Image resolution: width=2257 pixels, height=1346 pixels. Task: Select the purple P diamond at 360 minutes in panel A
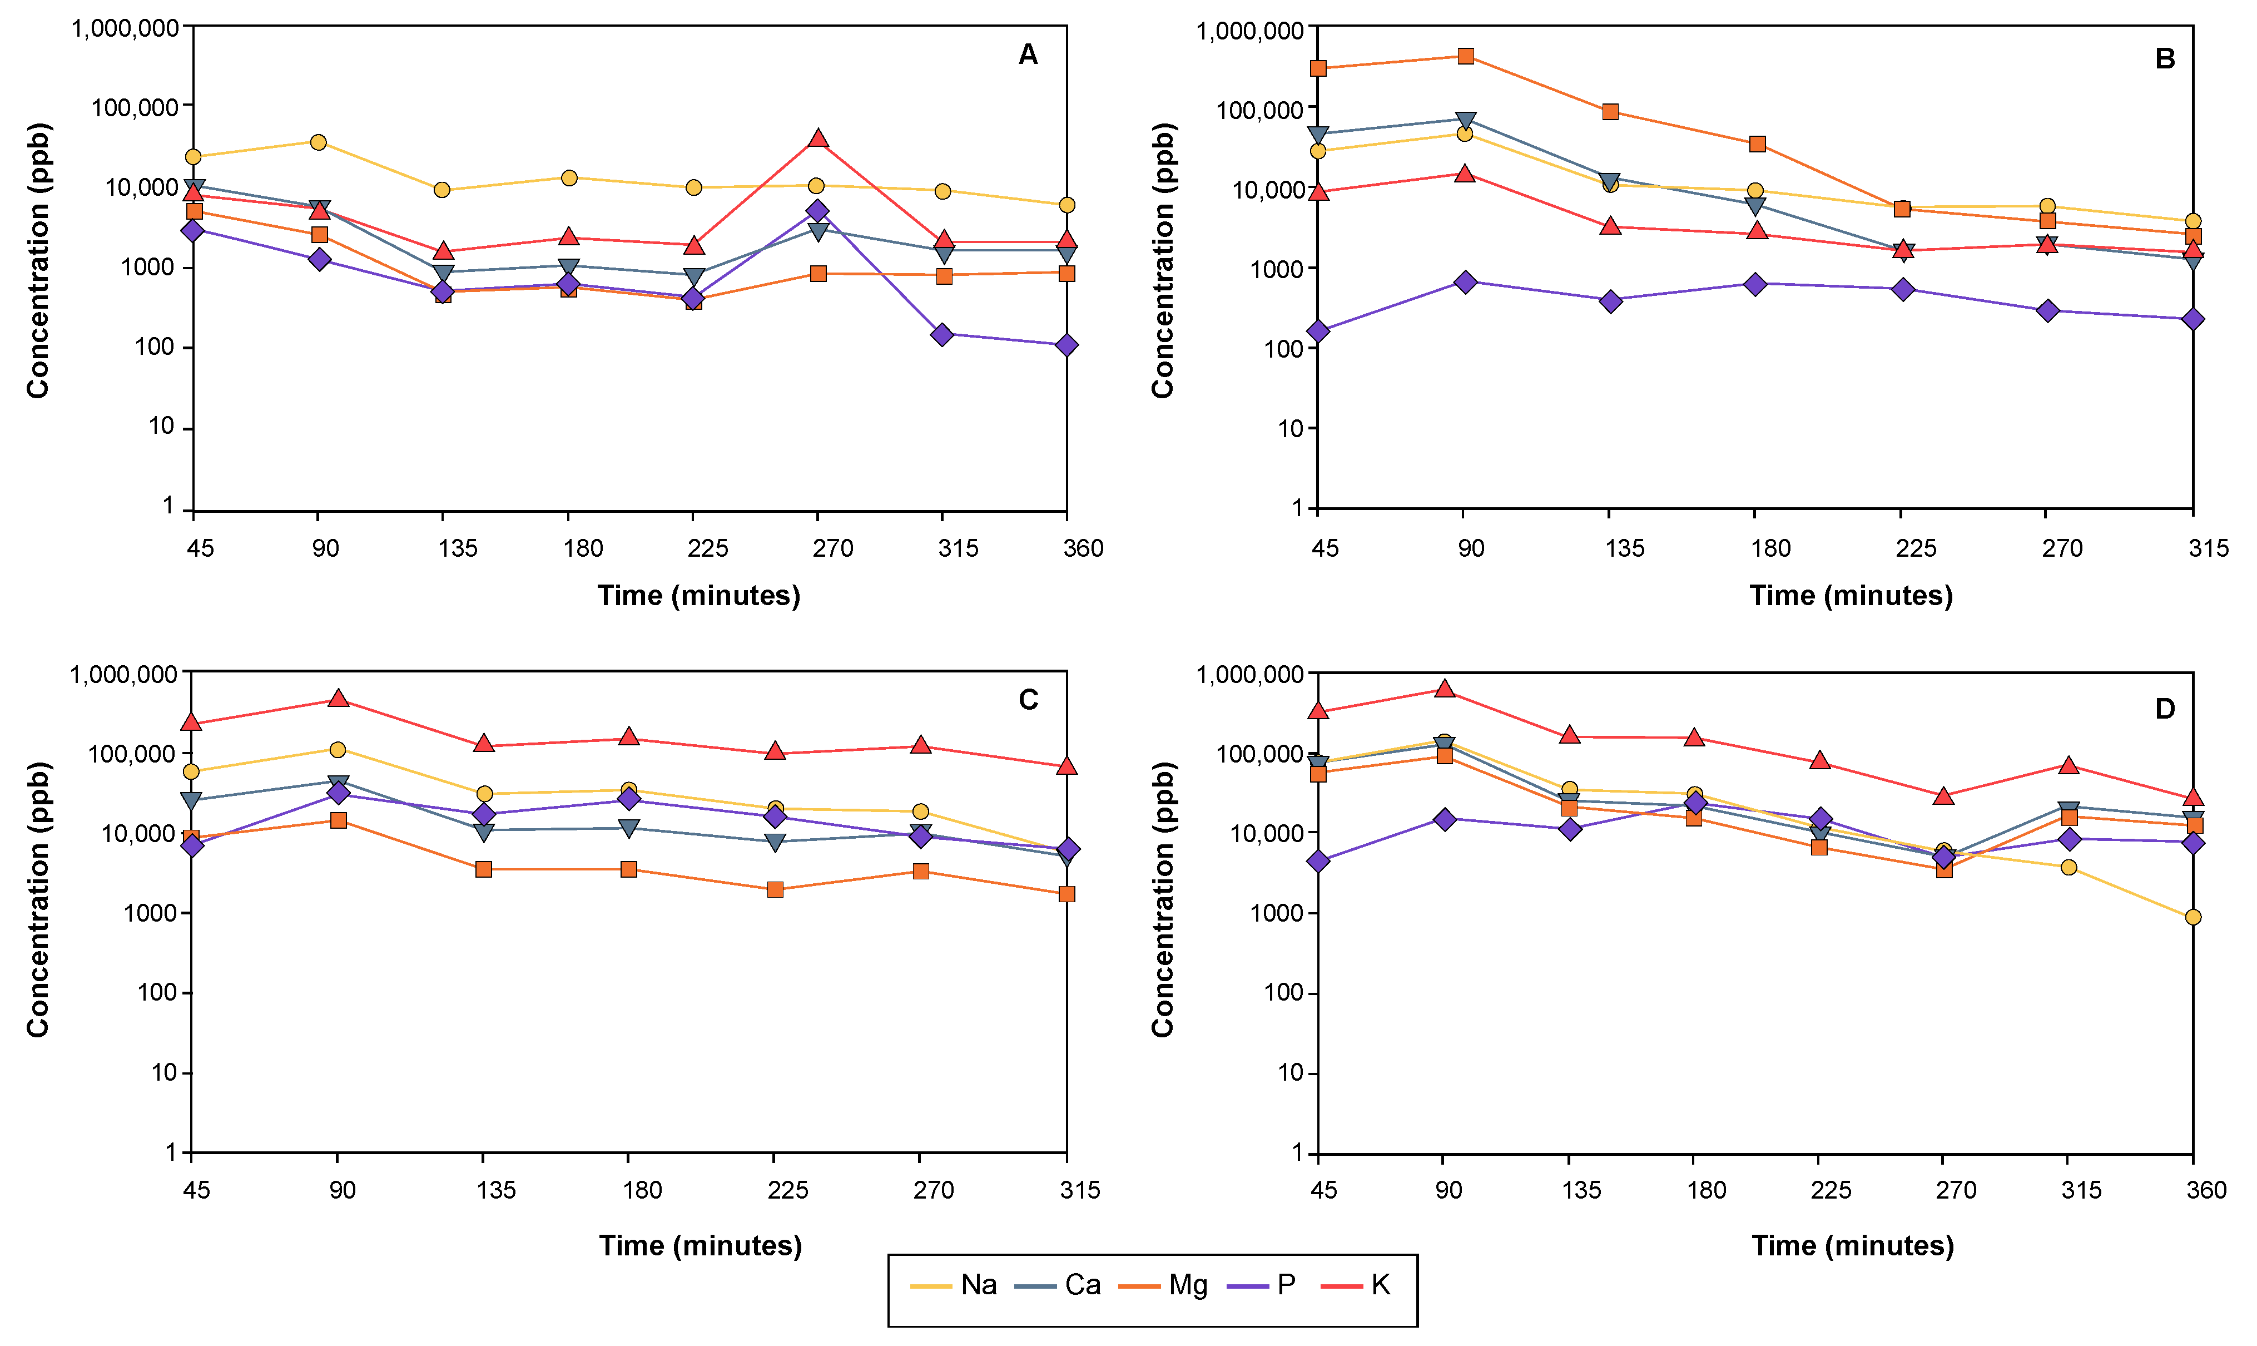click(1067, 345)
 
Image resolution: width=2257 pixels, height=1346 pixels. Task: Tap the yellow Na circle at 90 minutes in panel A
click(318, 142)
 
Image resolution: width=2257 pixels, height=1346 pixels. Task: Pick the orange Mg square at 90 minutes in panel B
click(1465, 56)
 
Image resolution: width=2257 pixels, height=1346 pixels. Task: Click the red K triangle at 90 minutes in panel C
click(338, 699)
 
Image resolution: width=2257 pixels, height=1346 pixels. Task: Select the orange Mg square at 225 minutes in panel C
click(775, 890)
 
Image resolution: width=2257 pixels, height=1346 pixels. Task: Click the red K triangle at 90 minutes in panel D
click(1445, 689)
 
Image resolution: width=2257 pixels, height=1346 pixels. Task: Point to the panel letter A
click(1028, 55)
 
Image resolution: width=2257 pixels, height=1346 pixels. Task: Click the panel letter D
click(2165, 709)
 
